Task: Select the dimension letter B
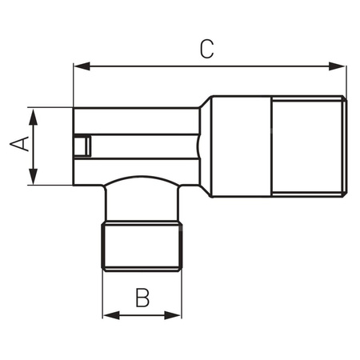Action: point(142,298)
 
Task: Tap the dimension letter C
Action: point(206,50)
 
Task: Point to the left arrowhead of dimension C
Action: point(78,67)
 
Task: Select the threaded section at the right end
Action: point(309,146)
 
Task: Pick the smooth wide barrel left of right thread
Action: point(241,146)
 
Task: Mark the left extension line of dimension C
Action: point(73,84)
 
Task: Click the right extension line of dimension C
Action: point(346,80)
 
